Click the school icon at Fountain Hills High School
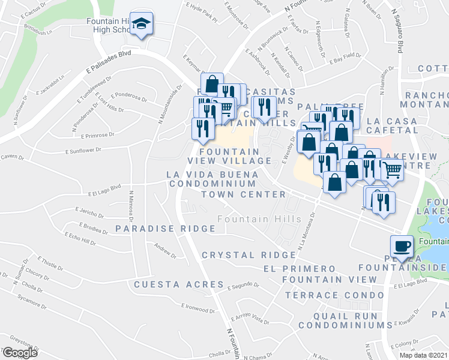(142, 24)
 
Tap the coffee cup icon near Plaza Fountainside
(402, 246)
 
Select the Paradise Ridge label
(165, 229)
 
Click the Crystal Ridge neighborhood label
(240, 255)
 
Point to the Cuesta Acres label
(178, 284)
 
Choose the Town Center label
(243, 194)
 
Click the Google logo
(20, 353)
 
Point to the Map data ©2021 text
(423, 355)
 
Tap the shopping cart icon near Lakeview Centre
(392, 170)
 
